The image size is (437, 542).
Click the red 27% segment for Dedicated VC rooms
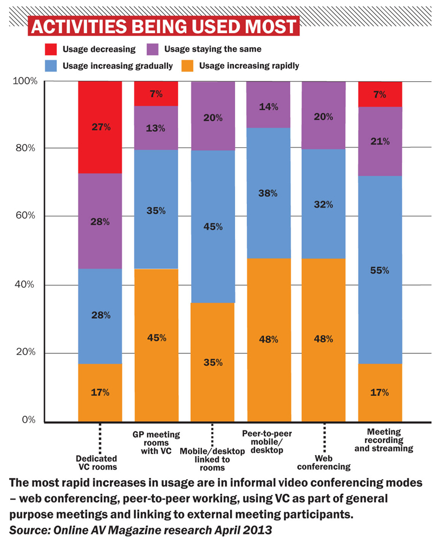point(100,127)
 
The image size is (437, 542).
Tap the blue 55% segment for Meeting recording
point(380,270)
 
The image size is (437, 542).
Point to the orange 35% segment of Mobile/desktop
point(213,362)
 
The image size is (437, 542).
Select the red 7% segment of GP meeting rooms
point(156,93)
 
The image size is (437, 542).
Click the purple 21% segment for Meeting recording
point(380,141)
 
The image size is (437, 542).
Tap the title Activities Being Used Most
point(164,26)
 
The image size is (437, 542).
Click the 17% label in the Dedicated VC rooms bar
point(100,392)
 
